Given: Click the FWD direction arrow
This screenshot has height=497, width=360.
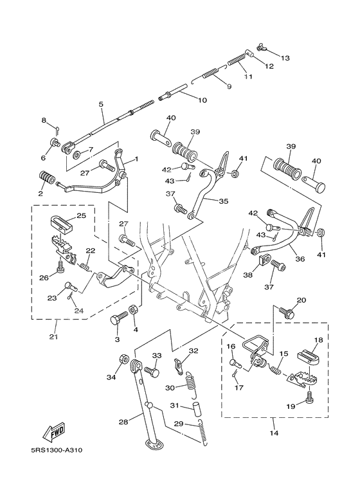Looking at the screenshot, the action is coord(54,431).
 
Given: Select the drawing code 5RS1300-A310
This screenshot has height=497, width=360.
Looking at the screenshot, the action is coord(57,450).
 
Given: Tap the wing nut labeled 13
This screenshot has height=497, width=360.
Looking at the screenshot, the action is coord(262,47).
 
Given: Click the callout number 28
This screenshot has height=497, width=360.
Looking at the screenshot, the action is coord(123,422).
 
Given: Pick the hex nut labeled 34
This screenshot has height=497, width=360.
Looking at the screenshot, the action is coord(123,359).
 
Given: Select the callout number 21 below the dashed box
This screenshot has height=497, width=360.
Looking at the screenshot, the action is coord(53,336).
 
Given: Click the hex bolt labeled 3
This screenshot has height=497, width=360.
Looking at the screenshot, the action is coord(118,318).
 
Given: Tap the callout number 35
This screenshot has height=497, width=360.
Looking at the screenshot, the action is coord(224,201).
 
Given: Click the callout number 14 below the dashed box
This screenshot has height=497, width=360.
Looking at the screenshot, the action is coord(274,433).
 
